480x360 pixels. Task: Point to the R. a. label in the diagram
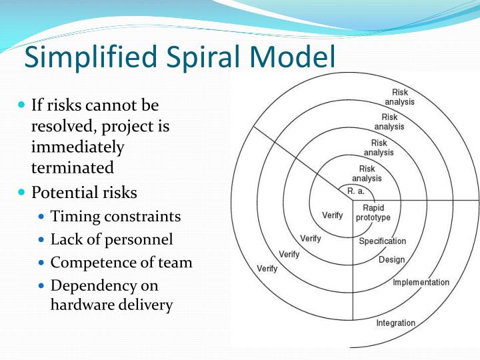point(356,191)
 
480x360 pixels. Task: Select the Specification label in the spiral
point(382,241)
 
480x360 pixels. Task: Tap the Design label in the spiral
point(391,259)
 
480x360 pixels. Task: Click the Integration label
point(395,323)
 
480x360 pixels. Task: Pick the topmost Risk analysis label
point(399,97)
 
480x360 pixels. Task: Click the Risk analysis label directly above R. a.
point(367,173)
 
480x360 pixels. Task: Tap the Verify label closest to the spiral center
point(333,215)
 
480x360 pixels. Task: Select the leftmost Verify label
point(267,269)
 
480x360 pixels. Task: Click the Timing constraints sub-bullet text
point(115,217)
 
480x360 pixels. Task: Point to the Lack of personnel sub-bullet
point(111,239)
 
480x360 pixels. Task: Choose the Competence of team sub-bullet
point(121,262)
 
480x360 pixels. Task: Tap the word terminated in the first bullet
point(72,167)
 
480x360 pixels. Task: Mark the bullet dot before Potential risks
point(21,192)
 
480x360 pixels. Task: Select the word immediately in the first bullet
point(77,146)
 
